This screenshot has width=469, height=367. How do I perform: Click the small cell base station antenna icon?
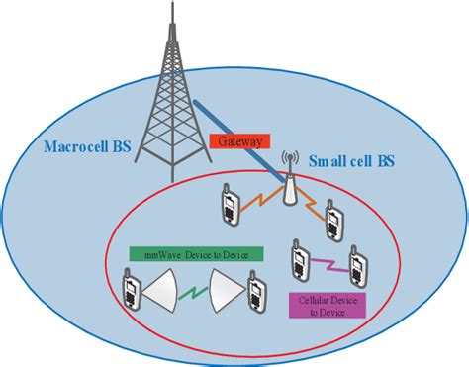click(x=290, y=182)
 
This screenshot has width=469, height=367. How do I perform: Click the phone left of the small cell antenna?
click(x=230, y=202)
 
